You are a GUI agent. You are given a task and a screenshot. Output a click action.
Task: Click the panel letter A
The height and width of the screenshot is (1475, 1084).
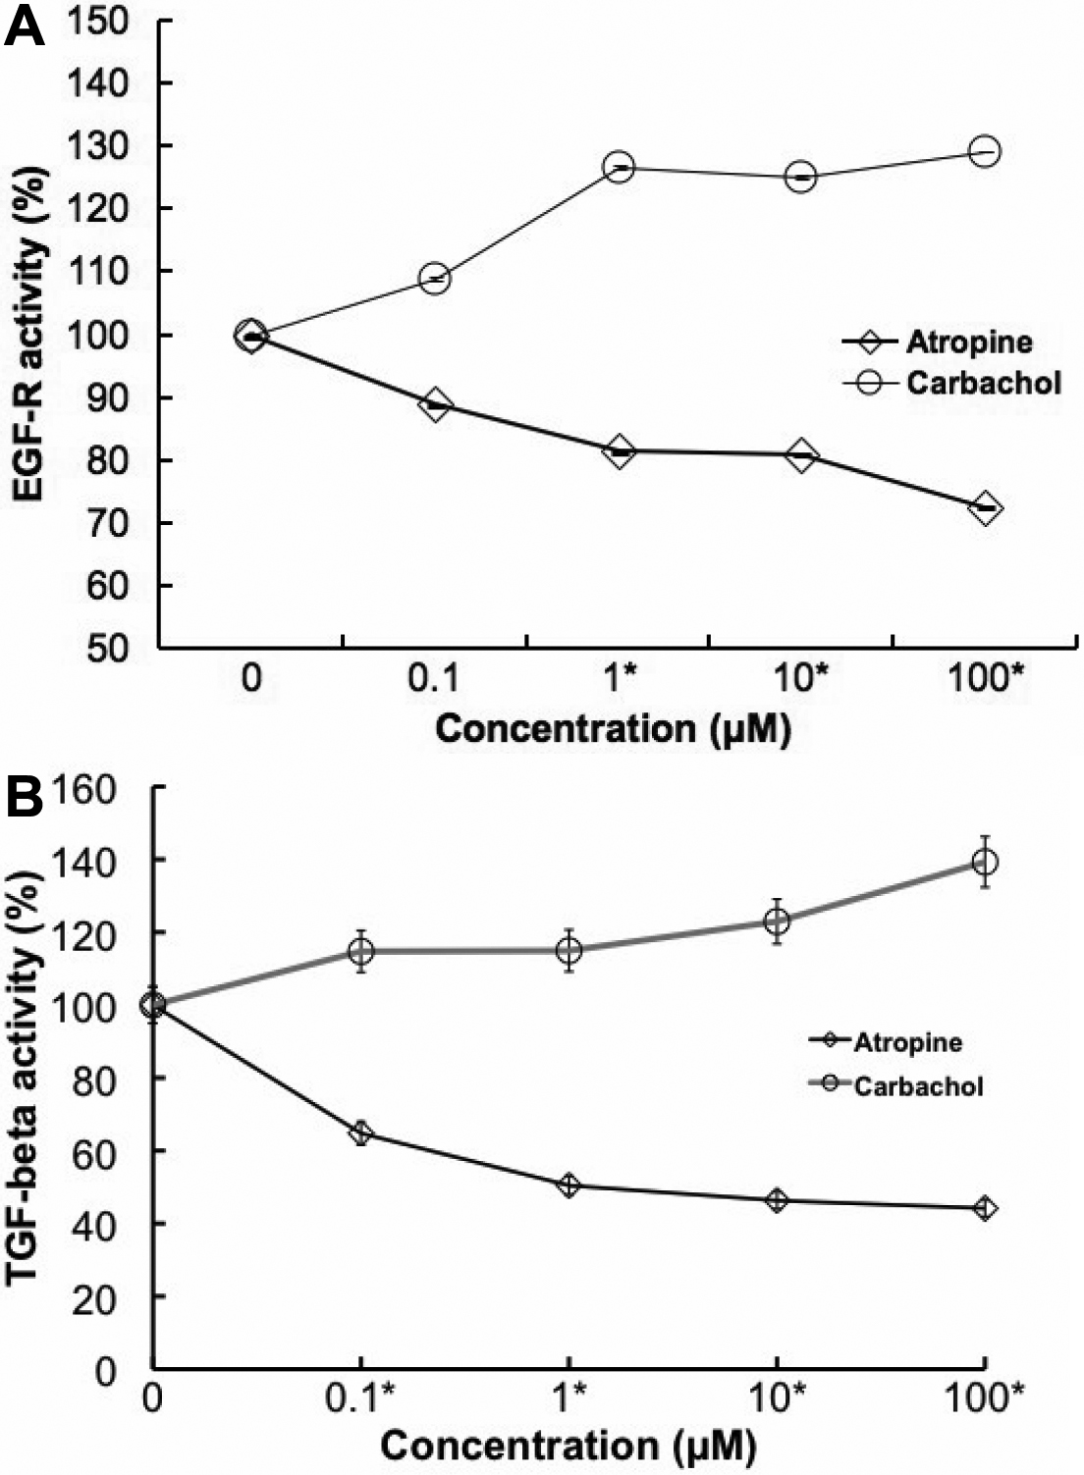[25, 26]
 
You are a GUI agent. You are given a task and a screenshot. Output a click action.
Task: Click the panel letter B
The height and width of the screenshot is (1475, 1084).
[25, 798]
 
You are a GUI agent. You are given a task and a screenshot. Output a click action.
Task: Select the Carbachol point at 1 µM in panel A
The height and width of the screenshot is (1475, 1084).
[619, 168]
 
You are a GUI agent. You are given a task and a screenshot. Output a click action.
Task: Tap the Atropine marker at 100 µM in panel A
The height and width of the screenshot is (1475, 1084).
[985, 508]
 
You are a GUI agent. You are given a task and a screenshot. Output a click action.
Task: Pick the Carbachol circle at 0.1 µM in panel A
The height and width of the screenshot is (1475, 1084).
[435, 279]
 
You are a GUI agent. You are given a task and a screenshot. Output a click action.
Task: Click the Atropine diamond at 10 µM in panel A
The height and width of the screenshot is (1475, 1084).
[801, 455]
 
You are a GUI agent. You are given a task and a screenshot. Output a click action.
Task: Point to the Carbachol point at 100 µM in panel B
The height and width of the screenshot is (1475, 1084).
[985, 863]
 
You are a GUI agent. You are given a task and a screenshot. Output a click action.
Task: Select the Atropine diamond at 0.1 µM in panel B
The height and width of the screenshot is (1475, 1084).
[362, 1133]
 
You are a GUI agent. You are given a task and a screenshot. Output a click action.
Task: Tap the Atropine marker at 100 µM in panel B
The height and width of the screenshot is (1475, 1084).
[985, 1208]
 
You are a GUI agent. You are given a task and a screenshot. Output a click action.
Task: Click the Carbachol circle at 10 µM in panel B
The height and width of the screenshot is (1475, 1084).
[778, 922]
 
